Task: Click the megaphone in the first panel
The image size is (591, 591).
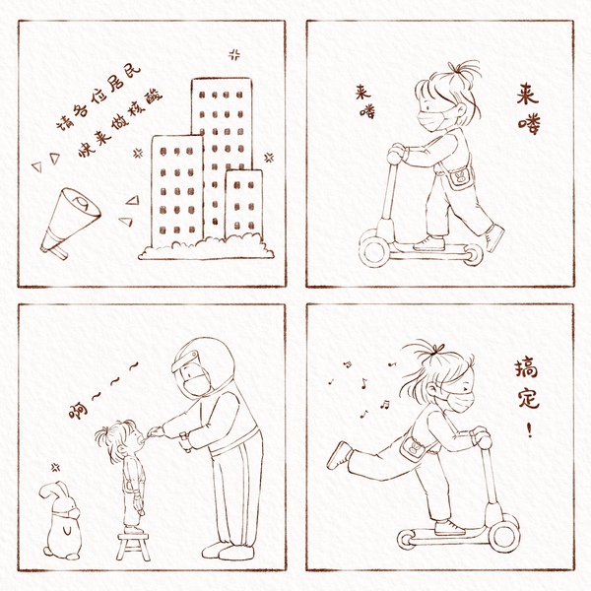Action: click(x=70, y=223)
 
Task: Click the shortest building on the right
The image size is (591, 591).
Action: click(x=244, y=204)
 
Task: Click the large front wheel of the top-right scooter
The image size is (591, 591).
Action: click(x=374, y=248)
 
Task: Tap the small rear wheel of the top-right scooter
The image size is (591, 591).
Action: click(x=473, y=254)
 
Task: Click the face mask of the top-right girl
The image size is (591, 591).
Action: click(x=432, y=119)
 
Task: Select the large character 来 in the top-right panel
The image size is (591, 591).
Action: click(x=528, y=95)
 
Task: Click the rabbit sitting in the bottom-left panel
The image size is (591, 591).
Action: click(x=62, y=520)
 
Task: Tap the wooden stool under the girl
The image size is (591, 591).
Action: click(x=133, y=546)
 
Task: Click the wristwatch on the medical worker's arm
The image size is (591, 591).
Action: click(x=185, y=439)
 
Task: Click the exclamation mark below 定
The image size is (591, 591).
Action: click(x=530, y=428)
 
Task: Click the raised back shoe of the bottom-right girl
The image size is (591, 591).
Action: click(x=339, y=454)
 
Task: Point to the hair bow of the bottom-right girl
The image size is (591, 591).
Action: click(x=437, y=349)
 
